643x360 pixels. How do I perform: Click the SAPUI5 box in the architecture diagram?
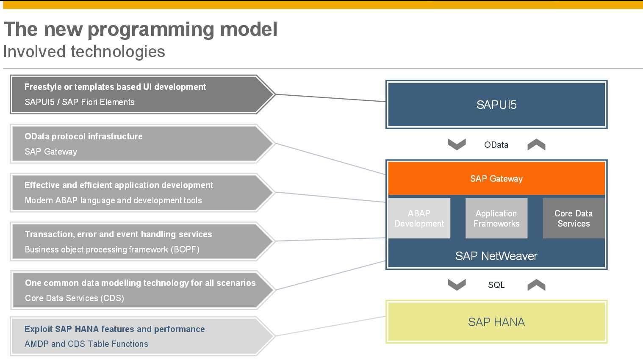pyautogui.click(x=496, y=105)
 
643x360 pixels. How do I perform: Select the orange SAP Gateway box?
pyautogui.click(x=496, y=179)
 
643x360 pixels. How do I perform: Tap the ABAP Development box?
pyautogui.click(x=419, y=219)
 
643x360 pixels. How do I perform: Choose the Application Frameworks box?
pyautogui.click(x=496, y=219)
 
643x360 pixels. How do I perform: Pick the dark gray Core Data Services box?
pyautogui.click(x=574, y=219)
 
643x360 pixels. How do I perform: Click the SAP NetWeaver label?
pyautogui.click(x=496, y=256)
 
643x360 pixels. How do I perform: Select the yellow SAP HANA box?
pyautogui.click(x=496, y=322)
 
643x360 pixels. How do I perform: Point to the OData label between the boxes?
pyautogui.click(x=496, y=145)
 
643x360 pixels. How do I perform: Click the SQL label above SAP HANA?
pyautogui.click(x=496, y=285)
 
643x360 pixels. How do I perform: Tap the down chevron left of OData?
pyautogui.click(x=457, y=144)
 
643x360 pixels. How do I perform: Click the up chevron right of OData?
pyautogui.click(x=536, y=144)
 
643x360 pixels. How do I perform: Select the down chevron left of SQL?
pyautogui.click(x=457, y=285)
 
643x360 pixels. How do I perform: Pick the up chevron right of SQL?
pyautogui.click(x=536, y=285)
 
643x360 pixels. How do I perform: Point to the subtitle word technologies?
pyautogui.click(x=118, y=52)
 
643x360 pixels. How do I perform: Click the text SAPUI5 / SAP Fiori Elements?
pyautogui.click(x=80, y=102)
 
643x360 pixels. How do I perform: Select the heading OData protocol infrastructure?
pyautogui.click(x=83, y=136)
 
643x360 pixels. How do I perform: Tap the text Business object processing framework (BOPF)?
pyautogui.click(x=112, y=249)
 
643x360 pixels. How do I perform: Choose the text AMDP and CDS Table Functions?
pyautogui.click(x=86, y=344)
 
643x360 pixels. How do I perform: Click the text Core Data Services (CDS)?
pyautogui.click(x=75, y=298)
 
